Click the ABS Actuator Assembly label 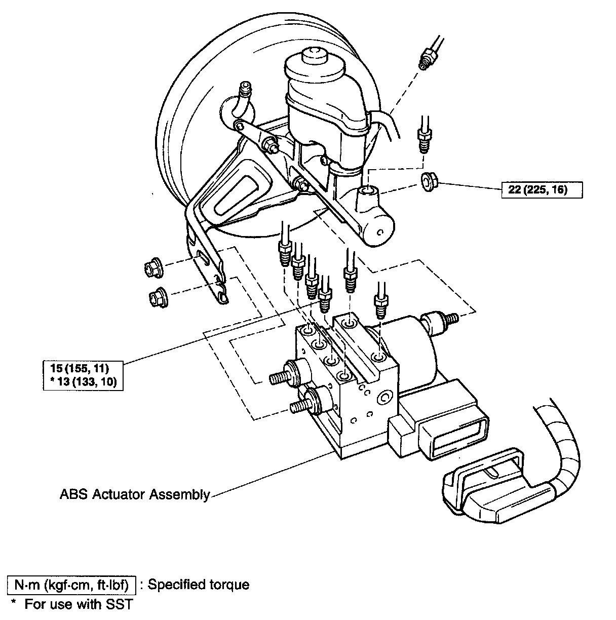(134, 494)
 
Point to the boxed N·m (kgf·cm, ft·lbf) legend (71, 585)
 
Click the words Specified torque (199, 585)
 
